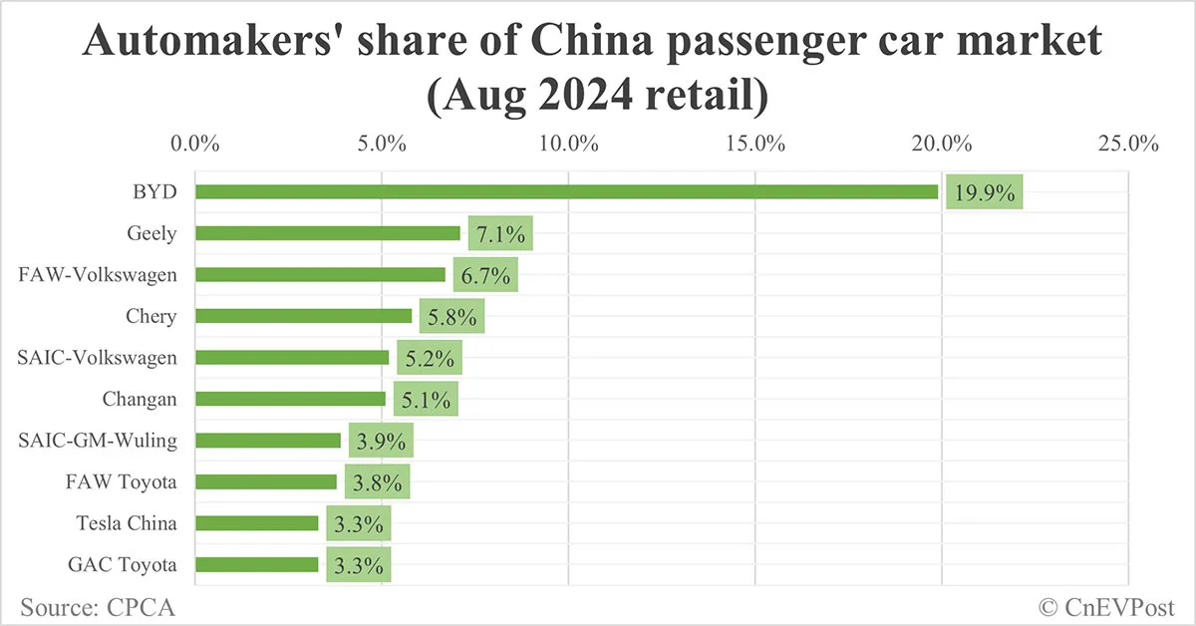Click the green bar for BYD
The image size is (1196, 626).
coord(566,191)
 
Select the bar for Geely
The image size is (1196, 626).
coord(327,233)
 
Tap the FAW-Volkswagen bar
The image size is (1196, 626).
coord(320,275)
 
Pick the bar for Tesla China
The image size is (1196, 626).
coord(256,522)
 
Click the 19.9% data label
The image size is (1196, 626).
coord(985,192)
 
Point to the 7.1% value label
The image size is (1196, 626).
coord(500,234)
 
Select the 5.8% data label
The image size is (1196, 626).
coord(451,317)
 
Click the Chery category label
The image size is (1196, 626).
coord(150,316)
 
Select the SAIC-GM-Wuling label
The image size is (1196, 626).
coord(99,440)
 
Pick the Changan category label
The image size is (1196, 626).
coord(140,399)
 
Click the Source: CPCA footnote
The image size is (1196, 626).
coord(91,606)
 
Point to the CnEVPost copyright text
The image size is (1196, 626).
coord(1107,606)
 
